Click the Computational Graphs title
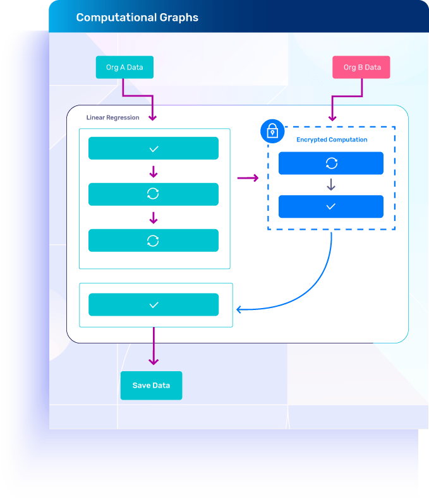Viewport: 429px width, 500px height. click(137, 18)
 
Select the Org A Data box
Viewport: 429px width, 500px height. click(124, 68)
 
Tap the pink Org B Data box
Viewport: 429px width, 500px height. click(361, 68)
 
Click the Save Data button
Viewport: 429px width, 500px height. click(151, 385)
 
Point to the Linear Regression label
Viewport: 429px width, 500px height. click(113, 117)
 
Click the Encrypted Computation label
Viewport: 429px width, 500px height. click(332, 140)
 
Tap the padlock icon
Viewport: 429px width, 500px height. click(272, 131)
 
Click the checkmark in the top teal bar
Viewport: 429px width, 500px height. click(154, 148)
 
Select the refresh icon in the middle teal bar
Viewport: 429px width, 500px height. click(153, 194)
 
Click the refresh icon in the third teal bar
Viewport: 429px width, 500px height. click(153, 241)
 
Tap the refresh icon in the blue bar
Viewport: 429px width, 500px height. click(331, 163)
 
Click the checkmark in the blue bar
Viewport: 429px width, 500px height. click(331, 206)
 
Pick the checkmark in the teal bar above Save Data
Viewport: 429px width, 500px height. click(154, 305)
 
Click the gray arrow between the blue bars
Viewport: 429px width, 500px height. click(331, 185)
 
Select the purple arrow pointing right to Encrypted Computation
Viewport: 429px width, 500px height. click(248, 178)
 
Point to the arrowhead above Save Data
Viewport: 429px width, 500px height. click(154, 360)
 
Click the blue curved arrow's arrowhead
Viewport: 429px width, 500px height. click(239, 309)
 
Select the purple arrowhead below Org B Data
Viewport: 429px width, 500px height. click(332, 117)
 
